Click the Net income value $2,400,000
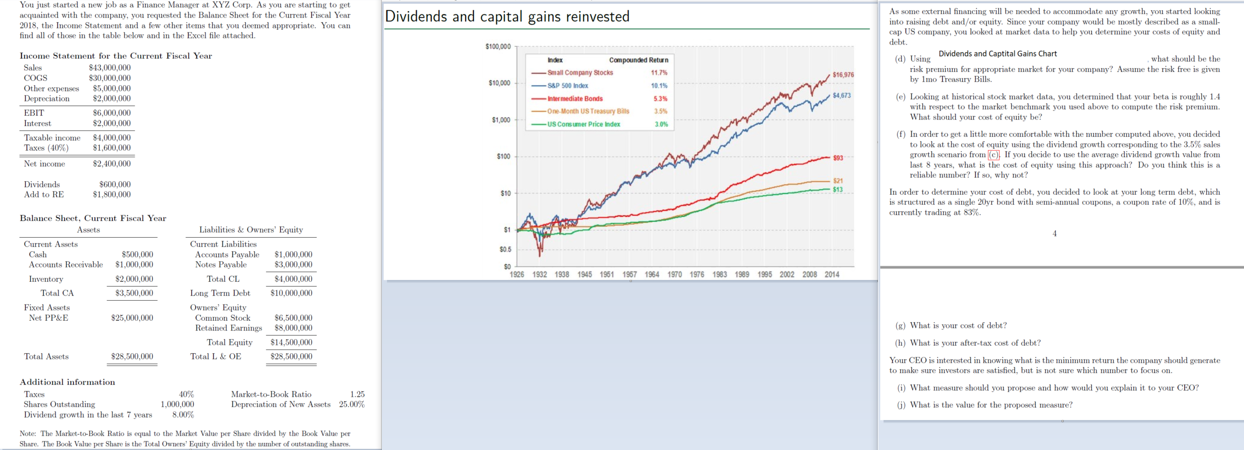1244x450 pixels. click(x=112, y=164)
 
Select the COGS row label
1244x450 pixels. click(x=36, y=78)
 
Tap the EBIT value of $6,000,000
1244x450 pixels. click(x=112, y=113)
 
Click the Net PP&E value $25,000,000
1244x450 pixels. click(x=132, y=317)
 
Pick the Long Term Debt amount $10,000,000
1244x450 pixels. click(x=291, y=293)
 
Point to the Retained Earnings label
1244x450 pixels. click(x=229, y=328)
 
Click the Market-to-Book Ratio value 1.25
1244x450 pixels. click(x=357, y=394)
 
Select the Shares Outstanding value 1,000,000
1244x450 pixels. click(x=177, y=404)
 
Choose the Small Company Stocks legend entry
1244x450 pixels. click(x=579, y=72)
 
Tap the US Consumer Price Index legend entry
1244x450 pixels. click(x=584, y=124)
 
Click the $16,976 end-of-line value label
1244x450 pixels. click(x=843, y=75)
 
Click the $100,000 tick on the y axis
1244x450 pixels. click(x=498, y=46)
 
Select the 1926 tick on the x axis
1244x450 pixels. click(x=517, y=274)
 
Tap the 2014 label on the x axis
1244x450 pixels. click(x=832, y=274)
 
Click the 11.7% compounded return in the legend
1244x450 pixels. click(x=659, y=72)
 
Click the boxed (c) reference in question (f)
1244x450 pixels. click(x=993, y=155)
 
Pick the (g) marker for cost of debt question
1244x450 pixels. click(x=901, y=325)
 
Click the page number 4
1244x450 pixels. click(x=1054, y=234)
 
